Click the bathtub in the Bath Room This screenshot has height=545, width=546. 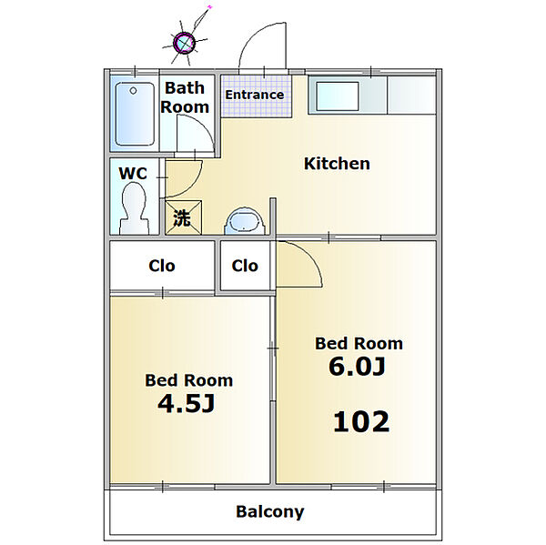point(135,114)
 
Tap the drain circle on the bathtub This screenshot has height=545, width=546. point(133,91)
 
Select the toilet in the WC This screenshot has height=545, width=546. point(135,208)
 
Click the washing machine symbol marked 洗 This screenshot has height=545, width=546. point(184,217)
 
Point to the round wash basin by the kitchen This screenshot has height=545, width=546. point(245,221)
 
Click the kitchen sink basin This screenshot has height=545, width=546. point(338,96)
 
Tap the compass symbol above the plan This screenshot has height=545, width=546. point(184,43)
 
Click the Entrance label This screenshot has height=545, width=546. point(255,95)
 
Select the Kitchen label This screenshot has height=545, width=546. point(337,164)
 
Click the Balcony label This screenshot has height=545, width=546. point(270,512)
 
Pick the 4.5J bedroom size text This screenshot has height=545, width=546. point(186,404)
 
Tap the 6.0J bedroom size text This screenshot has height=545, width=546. point(357,367)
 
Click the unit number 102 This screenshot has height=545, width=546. point(361,422)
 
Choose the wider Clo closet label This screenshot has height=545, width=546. point(162,266)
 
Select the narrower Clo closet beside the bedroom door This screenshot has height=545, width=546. point(245,266)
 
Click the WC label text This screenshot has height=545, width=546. point(133,174)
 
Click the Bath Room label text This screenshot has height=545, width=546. point(185,97)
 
